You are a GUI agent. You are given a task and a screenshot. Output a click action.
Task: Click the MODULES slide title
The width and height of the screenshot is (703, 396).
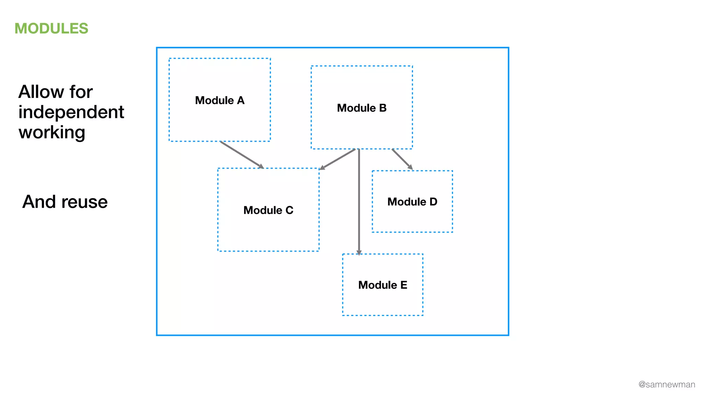tap(51, 29)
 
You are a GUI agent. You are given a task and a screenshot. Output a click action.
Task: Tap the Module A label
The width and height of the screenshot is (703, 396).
tap(220, 100)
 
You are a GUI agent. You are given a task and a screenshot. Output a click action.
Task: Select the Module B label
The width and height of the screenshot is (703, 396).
tap(362, 108)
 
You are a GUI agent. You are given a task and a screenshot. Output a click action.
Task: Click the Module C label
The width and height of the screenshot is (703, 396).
tap(268, 210)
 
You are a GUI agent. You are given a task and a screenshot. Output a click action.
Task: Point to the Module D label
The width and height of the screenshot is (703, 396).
tap(412, 202)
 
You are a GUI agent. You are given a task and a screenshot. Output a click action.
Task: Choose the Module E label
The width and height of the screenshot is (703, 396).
tap(383, 285)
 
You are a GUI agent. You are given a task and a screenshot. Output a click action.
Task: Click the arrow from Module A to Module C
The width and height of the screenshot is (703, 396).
tap(242, 155)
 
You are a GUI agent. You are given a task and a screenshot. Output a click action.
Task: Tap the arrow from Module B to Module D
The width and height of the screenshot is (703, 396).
tap(402, 158)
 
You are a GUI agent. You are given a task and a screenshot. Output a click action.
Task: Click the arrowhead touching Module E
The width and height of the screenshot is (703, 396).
tap(359, 253)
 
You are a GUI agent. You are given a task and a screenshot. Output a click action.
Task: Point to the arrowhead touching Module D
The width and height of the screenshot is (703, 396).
tap(410, 167)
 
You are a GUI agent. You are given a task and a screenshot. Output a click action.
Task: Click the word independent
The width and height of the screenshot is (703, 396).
tap(71, 112)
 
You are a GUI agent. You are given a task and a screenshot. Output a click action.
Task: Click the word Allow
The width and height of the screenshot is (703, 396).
tap(41, 92)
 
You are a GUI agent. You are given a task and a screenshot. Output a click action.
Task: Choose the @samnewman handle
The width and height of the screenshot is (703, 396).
tap(667, 385)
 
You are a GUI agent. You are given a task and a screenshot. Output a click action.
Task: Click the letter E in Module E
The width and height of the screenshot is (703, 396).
tap(404, 285)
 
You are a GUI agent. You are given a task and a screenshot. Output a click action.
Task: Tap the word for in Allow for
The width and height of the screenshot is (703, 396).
tap(81, 92)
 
